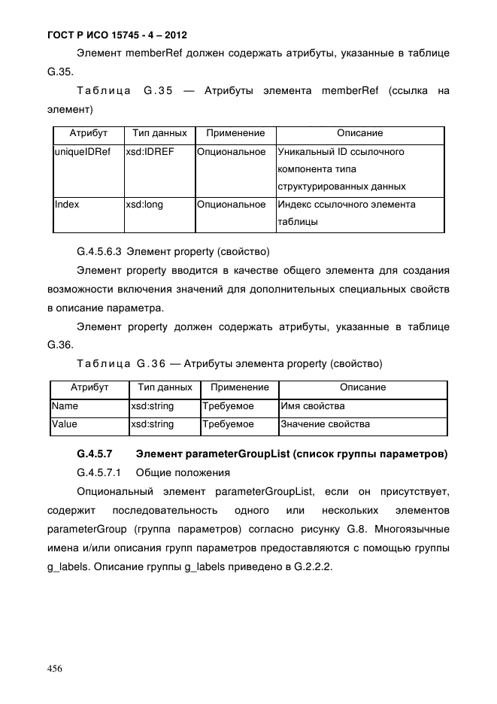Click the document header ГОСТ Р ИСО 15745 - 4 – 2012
click(108, 35)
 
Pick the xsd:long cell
click(144, 205)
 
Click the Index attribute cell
click(68, 205)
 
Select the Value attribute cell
click(65, 424)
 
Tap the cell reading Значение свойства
click(325, 424)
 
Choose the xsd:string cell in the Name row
click(153, 406)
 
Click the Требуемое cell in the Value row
click(229, 424)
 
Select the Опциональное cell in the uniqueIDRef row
click(231, 152)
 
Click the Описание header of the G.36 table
click(362, 387)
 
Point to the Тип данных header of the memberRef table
click(159, 133)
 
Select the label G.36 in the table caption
click(150, 364)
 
